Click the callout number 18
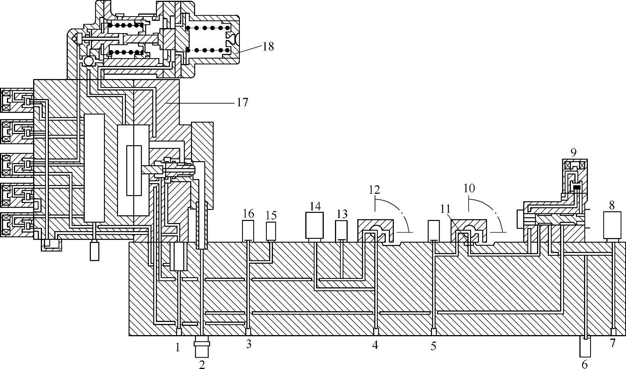268,47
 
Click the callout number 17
242,102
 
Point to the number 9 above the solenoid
574,152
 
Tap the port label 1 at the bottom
177,347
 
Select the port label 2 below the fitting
202,364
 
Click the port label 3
249,344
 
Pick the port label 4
375,345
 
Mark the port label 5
434,346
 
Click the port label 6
584,364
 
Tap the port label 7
613,343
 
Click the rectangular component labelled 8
612,225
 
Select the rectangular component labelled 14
315,225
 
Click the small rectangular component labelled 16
248,230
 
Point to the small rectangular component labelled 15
271,231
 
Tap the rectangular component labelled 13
341,230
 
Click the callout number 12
374,190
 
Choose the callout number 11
445,209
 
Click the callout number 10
469,188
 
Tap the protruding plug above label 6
585,347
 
